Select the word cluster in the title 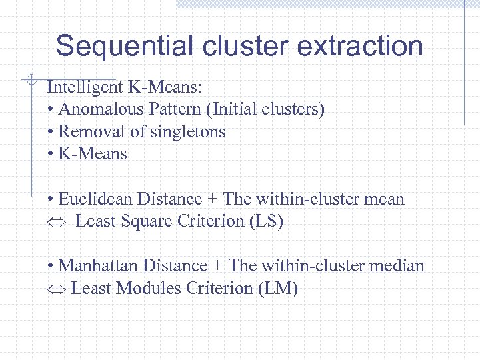point(246,47)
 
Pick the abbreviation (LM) point(280,288)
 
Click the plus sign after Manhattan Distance point(218,266)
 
